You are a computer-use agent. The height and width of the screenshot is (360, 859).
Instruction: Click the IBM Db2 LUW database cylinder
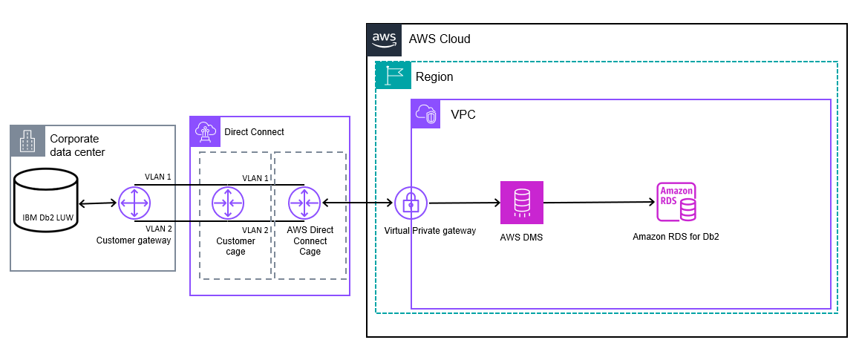[46, 202]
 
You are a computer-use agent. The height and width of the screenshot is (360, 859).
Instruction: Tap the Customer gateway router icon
[134, 202]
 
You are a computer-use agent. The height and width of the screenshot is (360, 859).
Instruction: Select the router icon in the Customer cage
[228, 202]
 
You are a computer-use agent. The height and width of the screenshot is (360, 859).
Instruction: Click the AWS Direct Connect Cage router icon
[304, 202]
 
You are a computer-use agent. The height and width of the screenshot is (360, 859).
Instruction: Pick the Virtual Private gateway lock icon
[411, 203]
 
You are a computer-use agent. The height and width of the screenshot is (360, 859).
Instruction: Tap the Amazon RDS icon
[676, 202]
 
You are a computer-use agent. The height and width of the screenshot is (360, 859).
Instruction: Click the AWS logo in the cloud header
[385, 39]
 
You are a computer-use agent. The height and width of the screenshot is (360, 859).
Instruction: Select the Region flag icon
[393, 76]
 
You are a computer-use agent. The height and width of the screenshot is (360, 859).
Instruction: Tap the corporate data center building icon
[27, 140]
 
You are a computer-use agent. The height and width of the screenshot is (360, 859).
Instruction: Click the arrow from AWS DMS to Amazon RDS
[598, 202]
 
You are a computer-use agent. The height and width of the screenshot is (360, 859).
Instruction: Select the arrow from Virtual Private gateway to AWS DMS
[464, 202]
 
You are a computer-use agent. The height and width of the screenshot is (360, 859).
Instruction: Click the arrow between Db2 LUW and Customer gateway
[97, 202]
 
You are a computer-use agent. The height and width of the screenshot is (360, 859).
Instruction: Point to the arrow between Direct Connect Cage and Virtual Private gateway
[357, 202]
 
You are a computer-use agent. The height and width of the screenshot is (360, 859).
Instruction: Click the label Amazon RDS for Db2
[676, 237]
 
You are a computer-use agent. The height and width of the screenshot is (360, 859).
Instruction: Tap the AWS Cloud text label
[440, 39]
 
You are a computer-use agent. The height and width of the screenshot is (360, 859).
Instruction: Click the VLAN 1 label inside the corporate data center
[158, 177]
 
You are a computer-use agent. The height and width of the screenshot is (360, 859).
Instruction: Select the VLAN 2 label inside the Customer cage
[256, 230]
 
